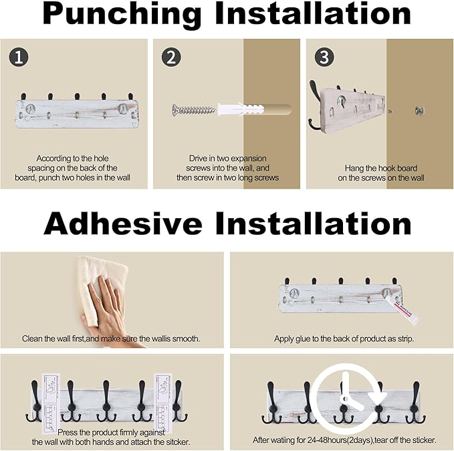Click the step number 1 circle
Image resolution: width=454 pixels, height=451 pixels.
point(19,57)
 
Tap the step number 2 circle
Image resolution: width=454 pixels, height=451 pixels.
point(171,57)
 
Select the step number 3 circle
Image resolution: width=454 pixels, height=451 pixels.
point(324,57)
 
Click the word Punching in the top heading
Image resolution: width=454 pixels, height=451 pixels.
point(122,15)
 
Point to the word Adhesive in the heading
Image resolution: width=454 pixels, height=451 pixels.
point(123,223)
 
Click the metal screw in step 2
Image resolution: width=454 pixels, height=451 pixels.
point(194,110)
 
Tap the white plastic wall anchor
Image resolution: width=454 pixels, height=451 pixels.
point(240,110)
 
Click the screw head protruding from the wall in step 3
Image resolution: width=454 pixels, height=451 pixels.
point(418,110)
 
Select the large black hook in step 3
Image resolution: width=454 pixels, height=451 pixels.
point(314,107)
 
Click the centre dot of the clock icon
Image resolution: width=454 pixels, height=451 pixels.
point(344,399)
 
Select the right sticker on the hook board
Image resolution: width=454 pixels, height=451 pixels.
point(162,403)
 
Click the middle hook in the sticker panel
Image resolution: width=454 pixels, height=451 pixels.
point(106,401)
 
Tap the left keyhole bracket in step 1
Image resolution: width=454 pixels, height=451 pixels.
point(31,108)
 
